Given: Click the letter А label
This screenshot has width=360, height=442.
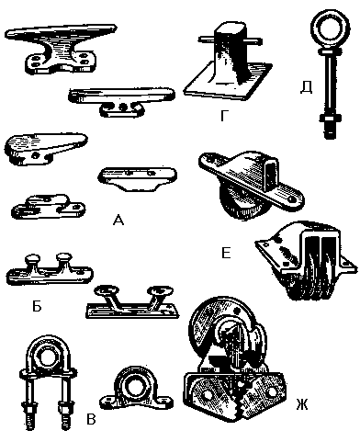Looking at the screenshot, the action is pyautogui.click(x=118, y=220).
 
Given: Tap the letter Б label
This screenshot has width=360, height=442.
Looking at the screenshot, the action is pyautogui.click(x=37, y=305).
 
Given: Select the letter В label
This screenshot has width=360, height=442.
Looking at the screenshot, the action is pyautogui.click(x=91, y=419).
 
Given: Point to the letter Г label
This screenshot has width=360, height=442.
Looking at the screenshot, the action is pyautogui.click(x=224, y=116).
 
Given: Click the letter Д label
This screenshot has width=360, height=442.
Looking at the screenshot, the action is pyautogui.click(x=306, y=87).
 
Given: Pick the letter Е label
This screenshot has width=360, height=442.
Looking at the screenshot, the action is pyautogui.click(x=226, y=253).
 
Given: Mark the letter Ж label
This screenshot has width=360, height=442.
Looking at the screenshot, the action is pyautogui.click(x=302, y=404).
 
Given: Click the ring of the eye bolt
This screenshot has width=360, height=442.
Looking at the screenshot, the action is pyautogui.click(x=326, y=30).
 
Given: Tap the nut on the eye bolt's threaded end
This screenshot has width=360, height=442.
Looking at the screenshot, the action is pyautogui.click(x=330, y=118).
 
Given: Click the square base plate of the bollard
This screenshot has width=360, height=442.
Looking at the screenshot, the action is pyautogui.click(x=227, y=82).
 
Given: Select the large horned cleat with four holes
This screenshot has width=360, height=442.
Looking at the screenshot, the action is pyautogui.click(x=62, y=49).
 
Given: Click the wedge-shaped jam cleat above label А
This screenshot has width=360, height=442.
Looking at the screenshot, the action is pyautogui.click(x=46, y=148).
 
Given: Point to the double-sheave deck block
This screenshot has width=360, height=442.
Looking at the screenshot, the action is pyautogui.click(x=307, y=260).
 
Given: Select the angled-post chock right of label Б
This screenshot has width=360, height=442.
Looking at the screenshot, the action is pyautogui.click(x=132, y=302).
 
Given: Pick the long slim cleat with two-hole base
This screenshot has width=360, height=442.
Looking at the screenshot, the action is pyautogui.click(x=122, y=101).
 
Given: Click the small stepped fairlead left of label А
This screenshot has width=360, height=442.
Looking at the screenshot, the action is pyautogui.click(x=48, y=207).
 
